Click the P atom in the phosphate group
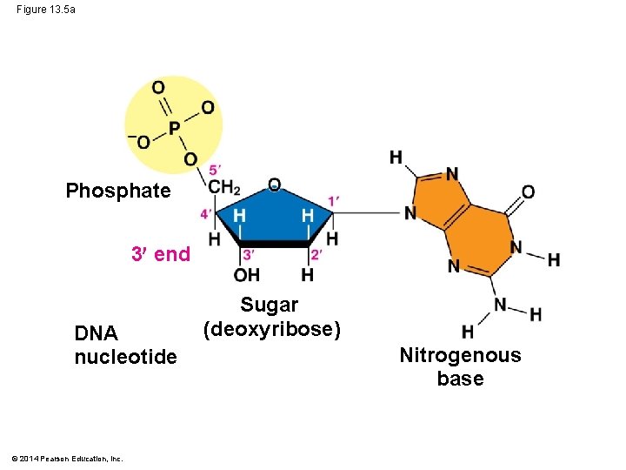pos(174,128)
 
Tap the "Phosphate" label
pos(118,191)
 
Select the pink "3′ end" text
pos(160,254)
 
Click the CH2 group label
pos(223,186)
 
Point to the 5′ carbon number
pos(214,169)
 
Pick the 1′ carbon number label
pos(333,202)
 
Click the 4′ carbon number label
pos(206,213)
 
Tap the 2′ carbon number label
pos(316,254)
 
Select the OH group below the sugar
pos(247,275)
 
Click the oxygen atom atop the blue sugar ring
pos(274,184)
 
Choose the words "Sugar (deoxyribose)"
pos(271,318)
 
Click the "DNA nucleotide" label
pos(125,346)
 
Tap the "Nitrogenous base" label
pos(460,366)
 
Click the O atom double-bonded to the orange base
pos(528,191)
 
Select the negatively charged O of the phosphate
pos(142,143)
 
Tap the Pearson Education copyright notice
pos(68,459)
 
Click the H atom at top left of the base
pos(396,158)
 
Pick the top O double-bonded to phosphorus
pos(157,88)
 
